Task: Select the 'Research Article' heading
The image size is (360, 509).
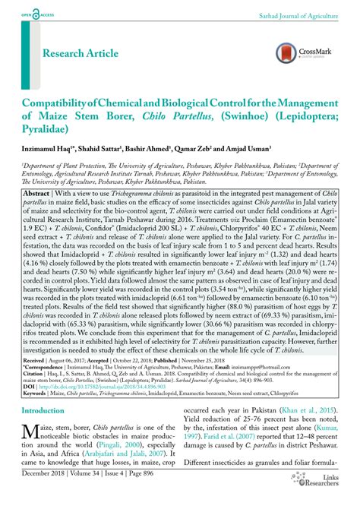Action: click(81, 53)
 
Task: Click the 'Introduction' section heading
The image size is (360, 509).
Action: click(43, 410)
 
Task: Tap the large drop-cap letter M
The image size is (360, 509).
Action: click(31, 434)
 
